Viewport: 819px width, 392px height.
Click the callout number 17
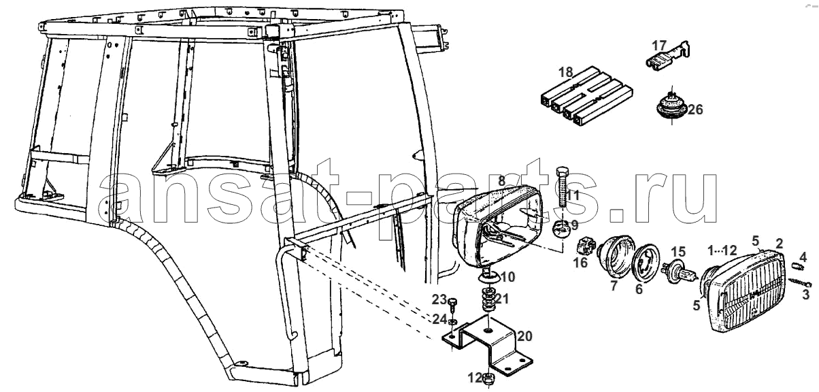(x=660, y=46)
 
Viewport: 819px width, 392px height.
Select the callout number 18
(x=566, y=72)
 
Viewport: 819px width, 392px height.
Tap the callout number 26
(x=695, y=110)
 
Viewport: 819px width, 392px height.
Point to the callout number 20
(x=524, y=336)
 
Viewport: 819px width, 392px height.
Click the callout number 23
(x=439, y=299)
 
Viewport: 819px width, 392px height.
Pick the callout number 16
(x=581, y=263)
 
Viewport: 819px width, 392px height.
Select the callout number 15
(x=678, y=252)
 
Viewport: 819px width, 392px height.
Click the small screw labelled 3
(x=800, y=282)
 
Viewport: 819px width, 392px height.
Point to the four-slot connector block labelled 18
(x=587, y=96)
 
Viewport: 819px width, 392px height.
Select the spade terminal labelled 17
(x=667, y=56)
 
